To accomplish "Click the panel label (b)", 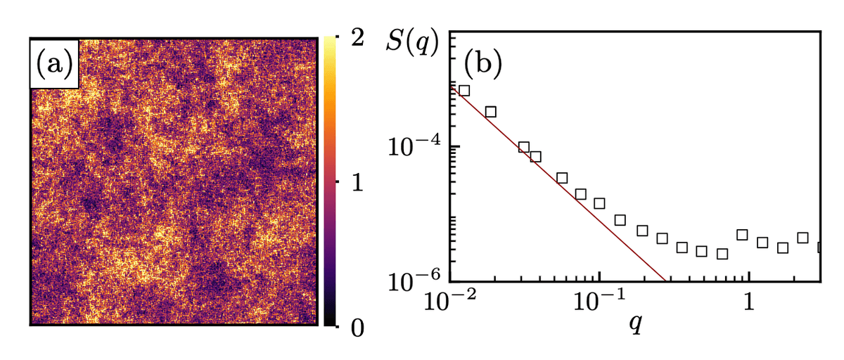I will click(x=482, y=64).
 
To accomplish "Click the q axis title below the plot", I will click(x=635, y=326).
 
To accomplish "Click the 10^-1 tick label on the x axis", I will click(x=599, y=304).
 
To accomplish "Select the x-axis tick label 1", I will click(x=749, y=304).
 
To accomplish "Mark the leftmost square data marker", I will click(x=464, y=90).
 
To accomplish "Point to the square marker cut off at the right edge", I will click(x=819, y=247).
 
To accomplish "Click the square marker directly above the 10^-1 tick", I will click(x=599, y=203).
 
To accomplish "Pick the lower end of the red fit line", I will click(x=665, y=281).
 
